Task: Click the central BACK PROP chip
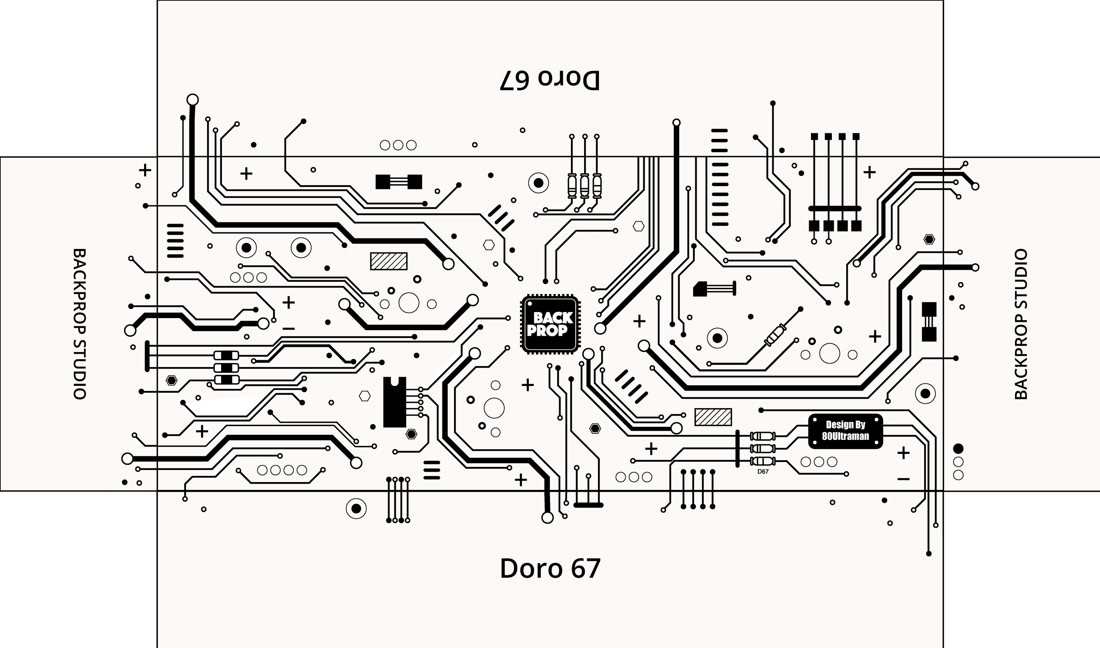(x=550, y=324)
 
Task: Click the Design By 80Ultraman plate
(x=845, y=431)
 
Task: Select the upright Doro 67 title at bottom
(x=550, y=568)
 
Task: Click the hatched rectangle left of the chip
(x=388, y=261)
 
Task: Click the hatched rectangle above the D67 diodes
(x=713, y=417)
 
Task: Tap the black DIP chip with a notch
(x=394, y=402)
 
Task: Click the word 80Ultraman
(x=845, y=436)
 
